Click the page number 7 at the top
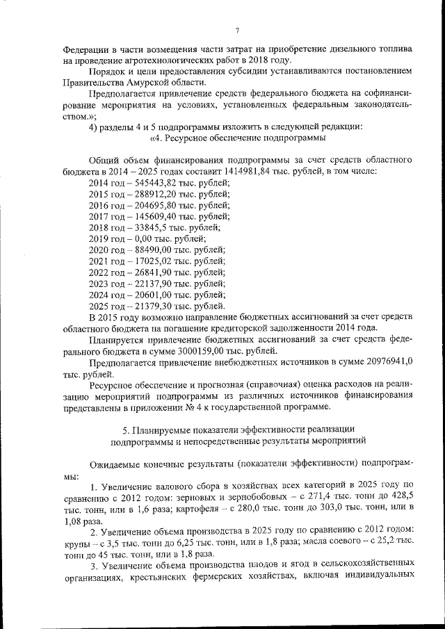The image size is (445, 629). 236,30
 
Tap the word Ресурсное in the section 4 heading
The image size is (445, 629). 181,138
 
